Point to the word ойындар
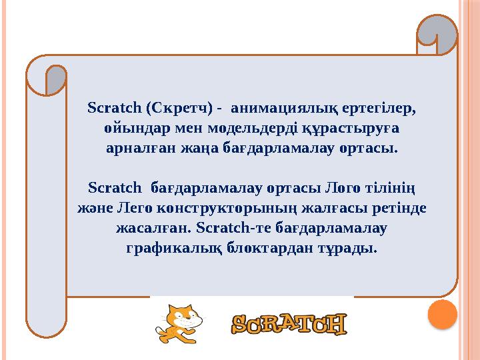coord(131,127)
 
